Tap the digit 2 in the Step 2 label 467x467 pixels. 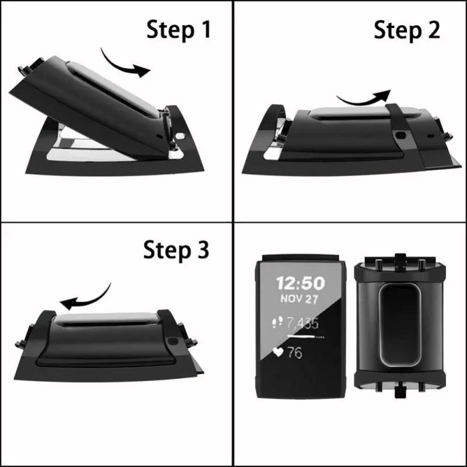click(433, 30)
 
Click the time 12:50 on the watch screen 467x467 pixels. click(300, 283)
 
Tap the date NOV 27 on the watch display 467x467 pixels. click(300, 299)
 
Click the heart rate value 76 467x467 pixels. click(295, 353)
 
